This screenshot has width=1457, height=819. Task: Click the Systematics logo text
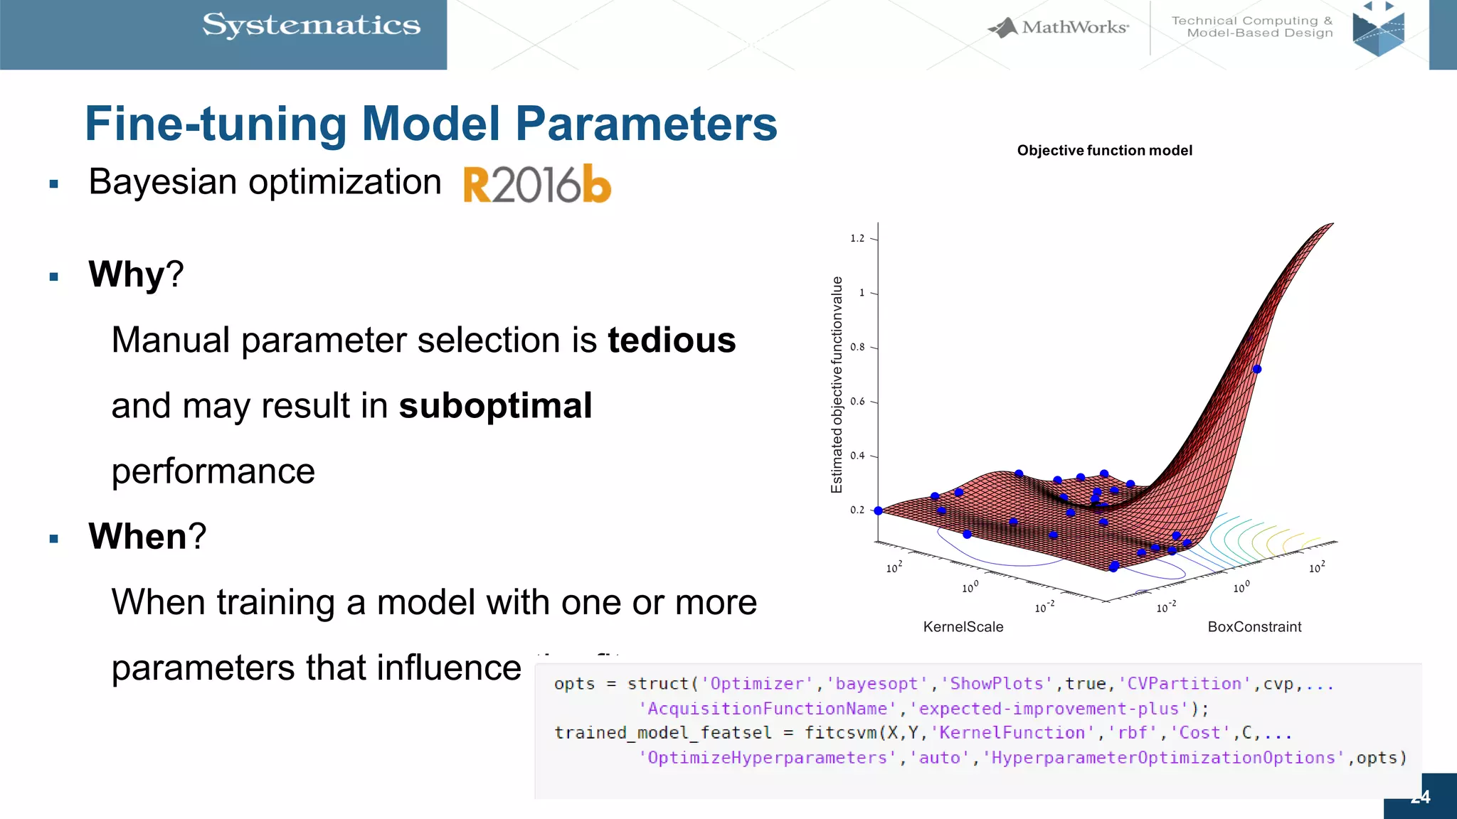click(311, 26)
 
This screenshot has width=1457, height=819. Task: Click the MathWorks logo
click(1059, 27)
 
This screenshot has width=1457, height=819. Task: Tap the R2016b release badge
click(537, 184)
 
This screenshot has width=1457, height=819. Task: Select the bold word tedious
click(672, 340)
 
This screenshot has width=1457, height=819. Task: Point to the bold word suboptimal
click(495, 406)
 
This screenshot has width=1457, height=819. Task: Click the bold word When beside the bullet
click(137, 536)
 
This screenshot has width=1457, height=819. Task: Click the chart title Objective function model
click(1104, 151)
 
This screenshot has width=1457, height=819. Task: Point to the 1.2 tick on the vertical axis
click(858, 238)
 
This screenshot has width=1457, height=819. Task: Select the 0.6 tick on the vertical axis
click(858, 402)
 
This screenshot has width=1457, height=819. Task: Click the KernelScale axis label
click(963, 627)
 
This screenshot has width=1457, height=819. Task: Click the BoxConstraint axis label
click(1254, 627)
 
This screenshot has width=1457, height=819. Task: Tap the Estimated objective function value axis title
click(837, 385)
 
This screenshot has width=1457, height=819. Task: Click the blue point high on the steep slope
click(1257, 369)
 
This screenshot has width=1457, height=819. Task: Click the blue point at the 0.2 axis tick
click(878, 510)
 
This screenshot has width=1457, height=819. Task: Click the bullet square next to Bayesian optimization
click(54, 184)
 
